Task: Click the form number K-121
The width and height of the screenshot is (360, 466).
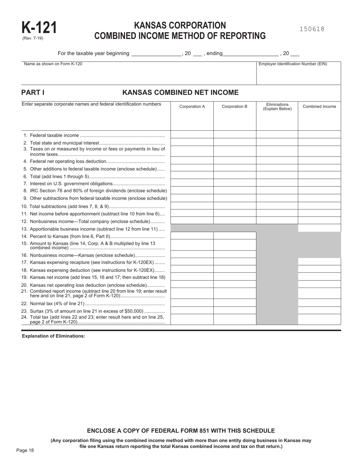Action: [x=39, y=28]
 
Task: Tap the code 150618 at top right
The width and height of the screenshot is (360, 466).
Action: [x=312, y=29]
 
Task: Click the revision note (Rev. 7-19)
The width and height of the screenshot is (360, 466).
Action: [x=33, y=38]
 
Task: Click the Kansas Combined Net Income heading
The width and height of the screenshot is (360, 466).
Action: [x=180, y=92]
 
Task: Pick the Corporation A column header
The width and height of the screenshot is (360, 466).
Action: [x=192, y=106]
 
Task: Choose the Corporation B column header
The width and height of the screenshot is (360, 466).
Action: [x=235, y=106]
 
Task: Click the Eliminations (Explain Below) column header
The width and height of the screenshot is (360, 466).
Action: [x=277, y=106]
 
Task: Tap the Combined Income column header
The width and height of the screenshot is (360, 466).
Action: [x=319, y=106]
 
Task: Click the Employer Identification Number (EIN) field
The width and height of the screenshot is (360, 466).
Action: [x=299, y=75]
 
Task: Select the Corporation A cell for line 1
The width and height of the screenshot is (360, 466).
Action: [x=192, y=134]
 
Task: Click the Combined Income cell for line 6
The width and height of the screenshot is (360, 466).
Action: [x=319, y=175]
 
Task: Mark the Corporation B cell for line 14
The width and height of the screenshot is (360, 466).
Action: [x=235, y=236]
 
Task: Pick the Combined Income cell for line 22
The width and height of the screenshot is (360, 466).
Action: [x=319, y=303]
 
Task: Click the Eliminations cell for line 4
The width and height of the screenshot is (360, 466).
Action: [x=277, y=161]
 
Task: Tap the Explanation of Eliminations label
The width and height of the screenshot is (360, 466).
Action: [x=53, y=336]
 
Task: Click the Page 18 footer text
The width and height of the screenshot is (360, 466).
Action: [x=25, y=450]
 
